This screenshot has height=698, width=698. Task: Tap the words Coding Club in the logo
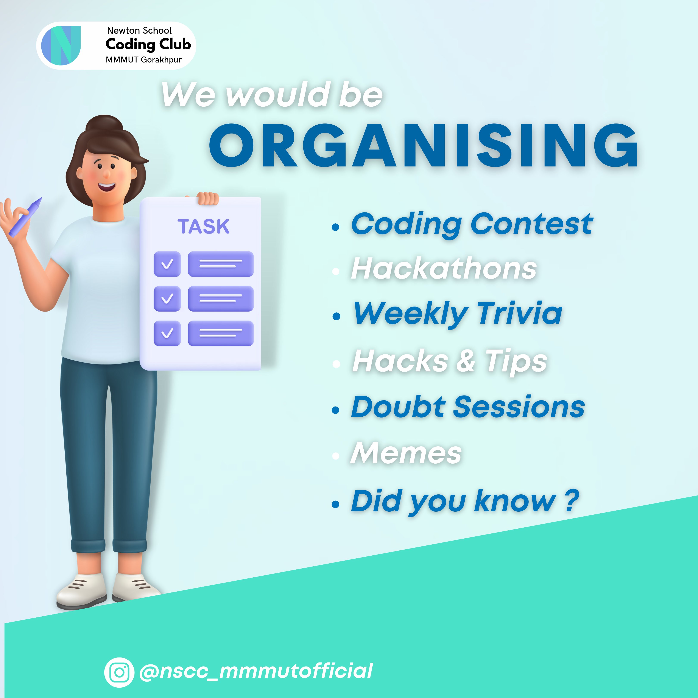click(148, 44)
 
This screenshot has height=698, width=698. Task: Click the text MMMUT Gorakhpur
click(143, 60)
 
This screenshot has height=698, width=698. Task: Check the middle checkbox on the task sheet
click(167, 298)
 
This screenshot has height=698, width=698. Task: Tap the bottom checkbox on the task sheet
click(167, 333)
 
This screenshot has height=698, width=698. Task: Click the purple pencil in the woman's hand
click(25, 217)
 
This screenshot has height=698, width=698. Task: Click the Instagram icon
click(119, 672)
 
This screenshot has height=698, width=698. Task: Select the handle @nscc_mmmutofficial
click(256, 671)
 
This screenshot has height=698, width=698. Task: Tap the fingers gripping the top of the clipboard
click(207, 198)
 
